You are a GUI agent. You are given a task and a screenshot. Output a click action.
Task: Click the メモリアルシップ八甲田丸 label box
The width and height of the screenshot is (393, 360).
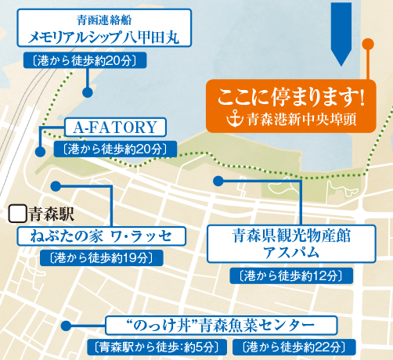click(x=104, y=28)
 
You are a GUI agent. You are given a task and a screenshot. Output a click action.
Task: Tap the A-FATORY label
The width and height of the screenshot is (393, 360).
click(x=115, y=127)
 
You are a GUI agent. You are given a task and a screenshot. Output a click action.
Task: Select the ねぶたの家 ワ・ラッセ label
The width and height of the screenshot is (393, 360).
click(x=101, y=236)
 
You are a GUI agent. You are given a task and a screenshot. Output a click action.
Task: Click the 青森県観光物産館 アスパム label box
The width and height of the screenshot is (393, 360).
click(x=291, y=243)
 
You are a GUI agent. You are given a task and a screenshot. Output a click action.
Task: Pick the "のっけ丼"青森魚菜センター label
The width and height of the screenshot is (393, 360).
click(x=221, y=326)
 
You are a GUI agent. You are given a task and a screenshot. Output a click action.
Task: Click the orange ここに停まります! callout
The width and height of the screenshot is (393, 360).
click(x=291, y=106)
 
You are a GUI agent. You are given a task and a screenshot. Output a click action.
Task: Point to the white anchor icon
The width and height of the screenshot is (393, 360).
click(x=235, y=119)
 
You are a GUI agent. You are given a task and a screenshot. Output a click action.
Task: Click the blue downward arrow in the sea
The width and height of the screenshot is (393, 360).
click(x=341, y=34)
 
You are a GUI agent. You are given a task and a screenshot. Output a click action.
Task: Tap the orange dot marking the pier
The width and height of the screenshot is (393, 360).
click(x=368, y=44)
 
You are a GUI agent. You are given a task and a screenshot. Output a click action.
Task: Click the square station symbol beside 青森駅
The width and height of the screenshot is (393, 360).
click(x=17, y=214)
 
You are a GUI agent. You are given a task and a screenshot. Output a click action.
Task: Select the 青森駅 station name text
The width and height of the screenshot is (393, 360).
click(x=52, y=214)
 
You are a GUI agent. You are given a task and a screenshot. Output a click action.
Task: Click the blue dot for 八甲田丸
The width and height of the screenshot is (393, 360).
click(x=88, y=92)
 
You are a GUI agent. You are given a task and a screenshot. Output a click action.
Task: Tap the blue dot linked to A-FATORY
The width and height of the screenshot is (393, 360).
click(x=40, y=152)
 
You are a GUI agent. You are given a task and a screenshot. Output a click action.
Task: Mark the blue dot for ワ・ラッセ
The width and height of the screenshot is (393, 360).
click(x=56, y=186)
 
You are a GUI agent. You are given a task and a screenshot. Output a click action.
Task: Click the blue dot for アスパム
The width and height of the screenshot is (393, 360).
click(x=218, y=181)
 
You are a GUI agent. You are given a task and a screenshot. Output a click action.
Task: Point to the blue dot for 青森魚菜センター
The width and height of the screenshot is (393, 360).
click(x=66, y=326)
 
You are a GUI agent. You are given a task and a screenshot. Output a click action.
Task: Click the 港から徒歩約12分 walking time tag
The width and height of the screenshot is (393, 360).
click(x=291, y=275)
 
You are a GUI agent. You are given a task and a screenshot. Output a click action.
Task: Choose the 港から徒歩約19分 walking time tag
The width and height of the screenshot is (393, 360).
click(x=102, y=258)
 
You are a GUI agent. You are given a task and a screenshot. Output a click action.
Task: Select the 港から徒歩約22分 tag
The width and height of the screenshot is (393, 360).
click(x=294, y=347)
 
